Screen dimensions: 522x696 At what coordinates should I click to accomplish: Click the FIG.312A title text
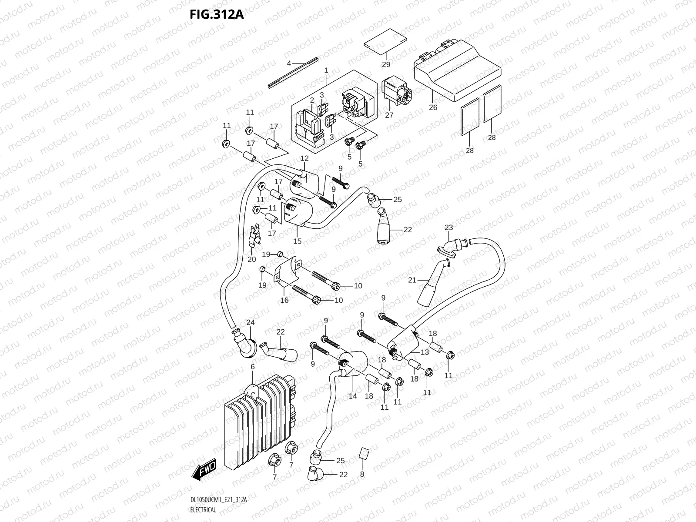pyautogui.click(x=216, y=14)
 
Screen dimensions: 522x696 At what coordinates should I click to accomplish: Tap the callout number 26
pyautogui.click(x=433, y=107)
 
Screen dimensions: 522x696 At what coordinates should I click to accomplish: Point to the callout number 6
pyautogui.click(x=252, y=367)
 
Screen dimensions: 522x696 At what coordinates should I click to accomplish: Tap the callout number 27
pyautogui.click(x=389, y=115)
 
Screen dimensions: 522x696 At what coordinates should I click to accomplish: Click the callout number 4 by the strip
pyautogui.click(x=289, y=64)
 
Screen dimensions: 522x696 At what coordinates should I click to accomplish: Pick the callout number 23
pyautogui.click(x=448, y=228)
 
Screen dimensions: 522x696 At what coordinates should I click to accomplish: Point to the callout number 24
pyautogui.click(x=250, y=322)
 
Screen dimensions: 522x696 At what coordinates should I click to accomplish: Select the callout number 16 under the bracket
pyautogui.click(x=284, y=300)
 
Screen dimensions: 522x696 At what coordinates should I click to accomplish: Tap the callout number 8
pyautogui.click(x=362, y=475)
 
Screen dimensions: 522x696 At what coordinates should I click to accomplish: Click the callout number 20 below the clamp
pyautogui.click(x=252, y=259)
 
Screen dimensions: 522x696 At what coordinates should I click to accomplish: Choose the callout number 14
pyautogui.click(x=353, y=396)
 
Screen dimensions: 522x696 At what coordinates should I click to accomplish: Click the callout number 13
pyautogui.click(x=425, y=352)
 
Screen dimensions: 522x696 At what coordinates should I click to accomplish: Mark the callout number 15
pyautogui.click(x=297, y=241)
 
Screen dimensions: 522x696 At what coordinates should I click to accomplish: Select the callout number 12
pyautogui.click(x=304, y=158)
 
